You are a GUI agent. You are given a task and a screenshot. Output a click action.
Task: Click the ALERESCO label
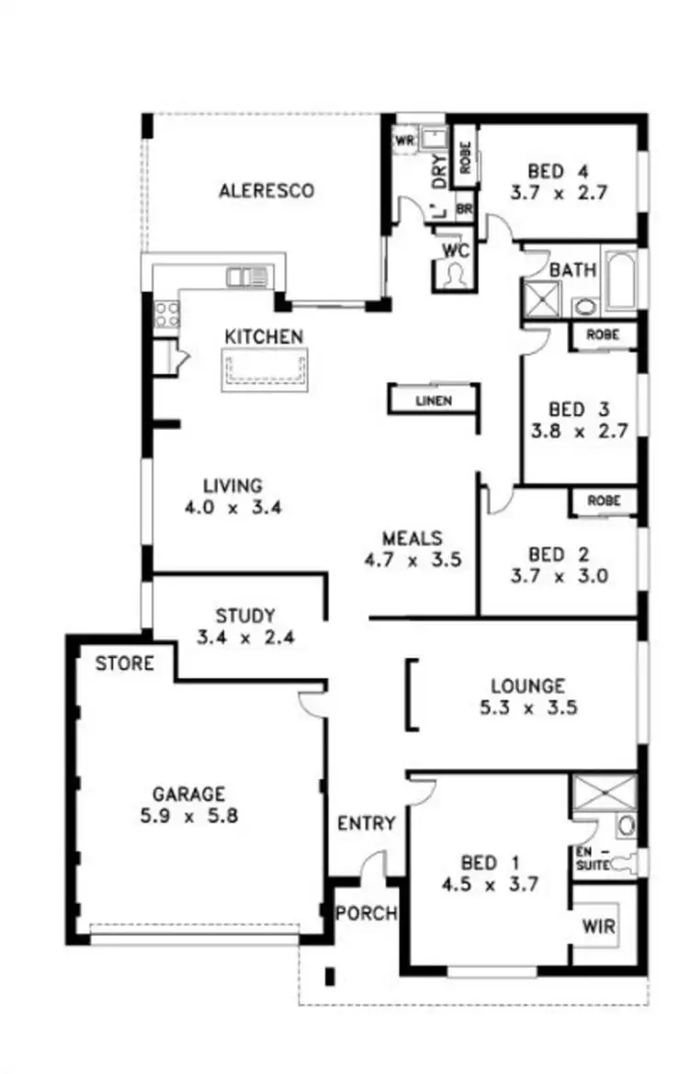point(266,191)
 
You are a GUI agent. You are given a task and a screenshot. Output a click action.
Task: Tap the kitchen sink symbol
point(247,276)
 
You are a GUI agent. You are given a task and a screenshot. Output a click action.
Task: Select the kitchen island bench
point(265,369)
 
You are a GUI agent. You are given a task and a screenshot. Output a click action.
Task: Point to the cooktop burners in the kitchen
point(167,314)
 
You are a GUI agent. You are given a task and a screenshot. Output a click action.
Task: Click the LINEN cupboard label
point(434,401)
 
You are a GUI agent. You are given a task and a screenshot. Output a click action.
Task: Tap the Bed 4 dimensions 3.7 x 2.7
point(559,193)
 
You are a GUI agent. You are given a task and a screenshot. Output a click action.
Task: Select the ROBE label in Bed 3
point(604,335)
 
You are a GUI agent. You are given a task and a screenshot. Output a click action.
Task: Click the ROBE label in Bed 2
point(604,501)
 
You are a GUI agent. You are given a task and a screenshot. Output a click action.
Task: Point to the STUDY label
point(245,616)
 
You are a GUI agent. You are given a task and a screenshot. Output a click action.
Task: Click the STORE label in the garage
point(125,662)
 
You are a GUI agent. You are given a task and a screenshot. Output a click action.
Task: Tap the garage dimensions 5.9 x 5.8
point(195,815)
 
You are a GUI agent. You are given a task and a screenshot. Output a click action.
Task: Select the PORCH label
point(366,914)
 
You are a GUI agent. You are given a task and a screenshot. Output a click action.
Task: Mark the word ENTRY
point(366,823)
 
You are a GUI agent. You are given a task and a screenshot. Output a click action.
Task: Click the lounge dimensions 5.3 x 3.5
point(527,708)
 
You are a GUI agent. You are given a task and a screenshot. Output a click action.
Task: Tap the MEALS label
point(412,538)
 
